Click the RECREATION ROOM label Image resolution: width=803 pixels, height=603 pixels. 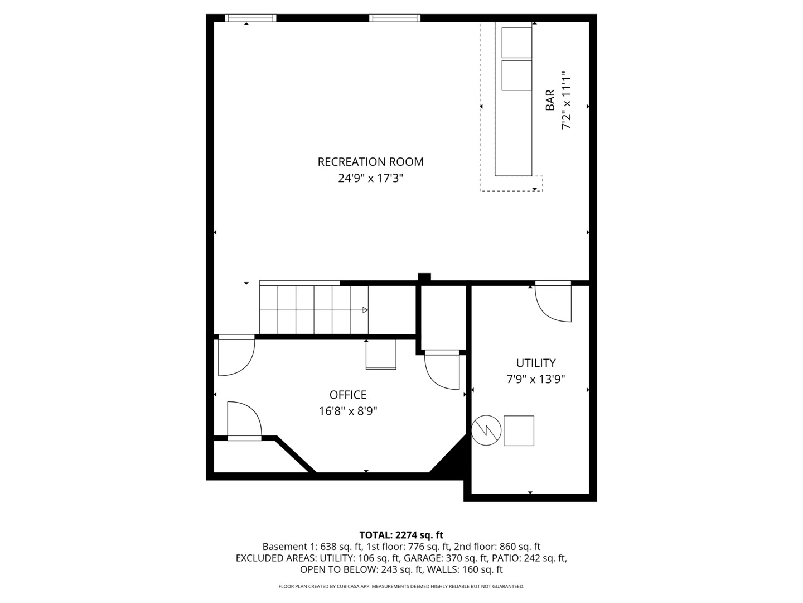(x=370, y=162)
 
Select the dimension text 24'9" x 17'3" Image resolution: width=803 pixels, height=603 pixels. (x=370, y=179)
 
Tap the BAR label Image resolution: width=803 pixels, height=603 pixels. (x=550, y=100)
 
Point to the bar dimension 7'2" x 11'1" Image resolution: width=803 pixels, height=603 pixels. (x=567, y=100)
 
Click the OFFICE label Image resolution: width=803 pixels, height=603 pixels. (x=348, y=395)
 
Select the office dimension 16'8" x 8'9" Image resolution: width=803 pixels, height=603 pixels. (x=348, y=411)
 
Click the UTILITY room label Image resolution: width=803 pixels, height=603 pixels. (x=535, y=363)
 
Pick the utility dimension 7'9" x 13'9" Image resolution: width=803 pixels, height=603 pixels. (x=535, y=380)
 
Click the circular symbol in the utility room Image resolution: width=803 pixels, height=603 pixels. (x=486, y=430)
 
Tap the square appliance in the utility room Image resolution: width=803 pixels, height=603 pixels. (x=519, y=430)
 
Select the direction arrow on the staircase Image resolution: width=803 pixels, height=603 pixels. (x=365, y=310)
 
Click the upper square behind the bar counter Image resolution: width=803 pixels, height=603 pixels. (x=517, y=42)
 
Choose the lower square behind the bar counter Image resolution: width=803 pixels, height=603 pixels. (x=517, y=75)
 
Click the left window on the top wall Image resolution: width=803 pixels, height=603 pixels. (x=250, y=18)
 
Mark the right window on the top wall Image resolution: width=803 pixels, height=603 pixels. (x=395, y=18)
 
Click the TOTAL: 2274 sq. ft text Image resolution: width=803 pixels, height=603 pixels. (x=401, y=535)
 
